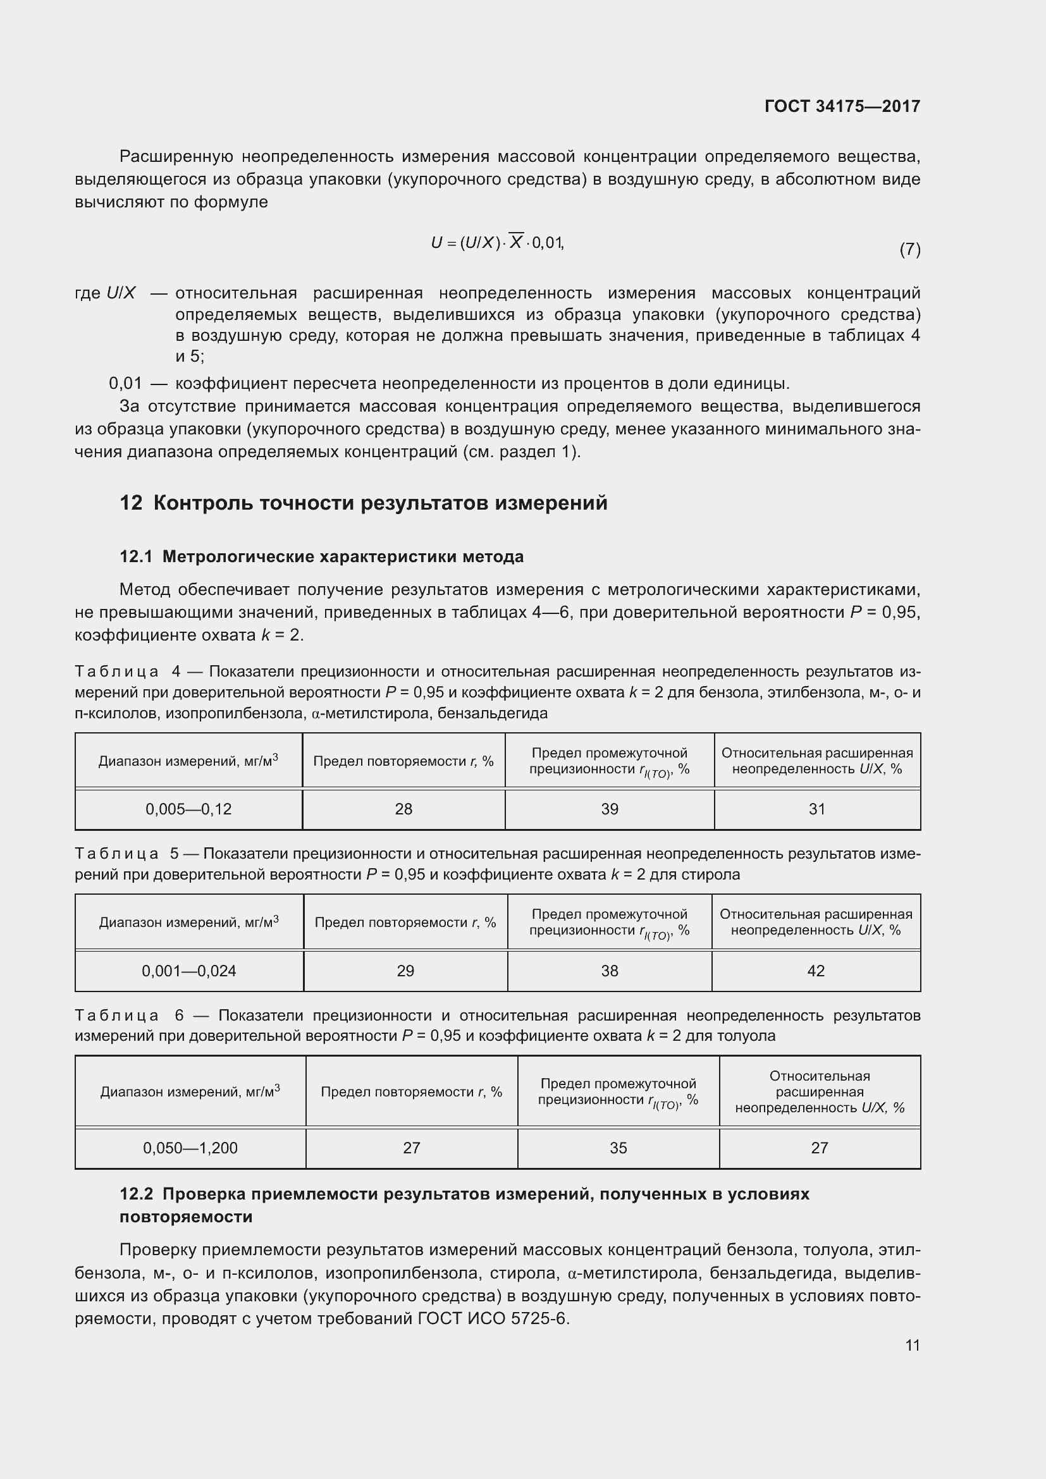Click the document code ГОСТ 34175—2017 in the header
point(842,106)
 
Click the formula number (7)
point(909,249)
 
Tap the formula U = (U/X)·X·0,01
point(497,243)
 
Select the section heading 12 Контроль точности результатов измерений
point(363,503)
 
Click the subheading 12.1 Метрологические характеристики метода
point(321,556)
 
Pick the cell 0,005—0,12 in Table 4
point(188,809)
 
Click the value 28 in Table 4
point(403,809)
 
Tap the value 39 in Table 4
point(609,809)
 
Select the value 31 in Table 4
point(816,809)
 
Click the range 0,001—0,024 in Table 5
point(188,971)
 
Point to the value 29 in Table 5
point(405,971)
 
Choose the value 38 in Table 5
point(609,971)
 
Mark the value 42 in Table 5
point(815,971)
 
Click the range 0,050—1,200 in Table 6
point(190,1148)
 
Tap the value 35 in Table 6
point(618,1148)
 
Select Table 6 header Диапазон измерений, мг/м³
point(190,1092)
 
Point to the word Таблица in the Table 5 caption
point(116,854)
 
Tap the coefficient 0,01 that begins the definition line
point(125,384)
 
